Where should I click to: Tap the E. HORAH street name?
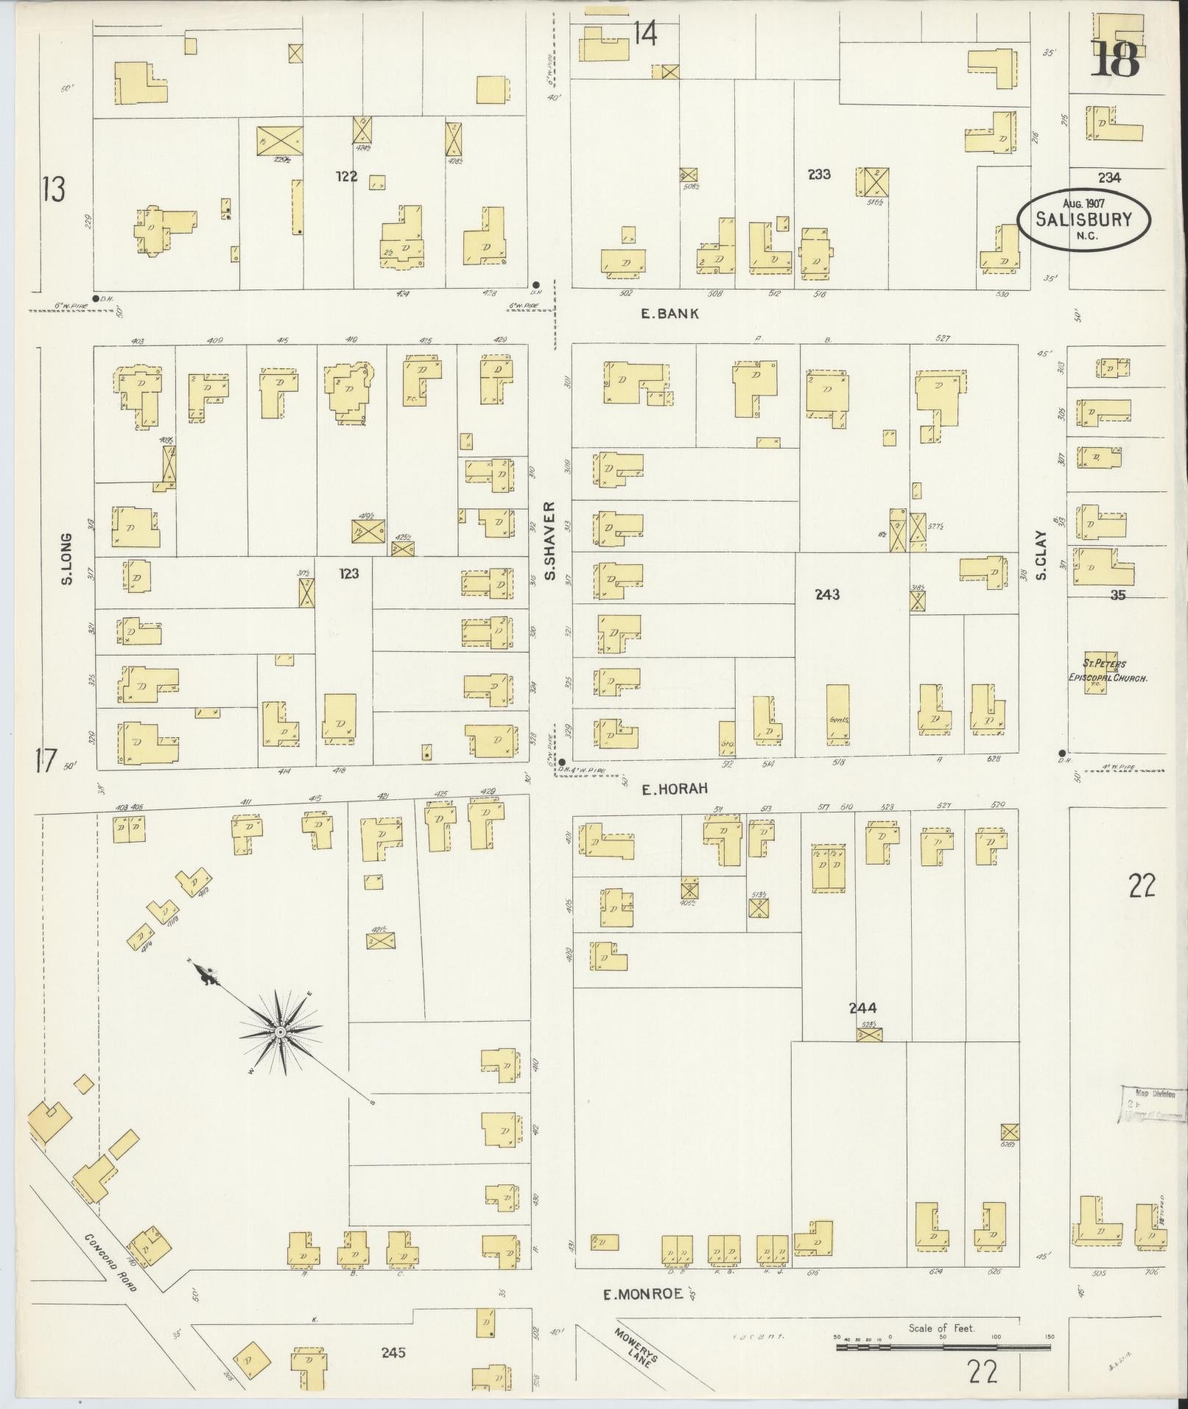coord(674,789)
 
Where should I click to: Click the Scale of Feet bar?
coord(942,1347)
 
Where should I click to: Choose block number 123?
coord(348,573)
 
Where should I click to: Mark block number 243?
coord(827,594)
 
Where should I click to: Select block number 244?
coord(862,1008)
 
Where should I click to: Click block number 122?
coord(345,176)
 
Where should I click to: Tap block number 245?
coord(393,1352)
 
